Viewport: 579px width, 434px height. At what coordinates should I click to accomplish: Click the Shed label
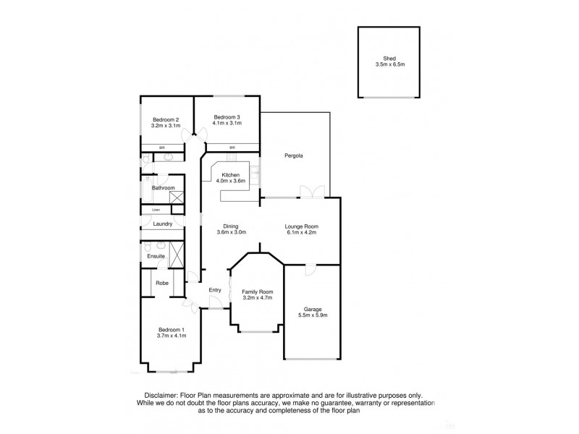(389, 58)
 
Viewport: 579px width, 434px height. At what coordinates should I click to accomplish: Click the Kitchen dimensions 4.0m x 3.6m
(230, 182)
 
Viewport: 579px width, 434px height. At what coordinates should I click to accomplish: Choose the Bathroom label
(163, 188)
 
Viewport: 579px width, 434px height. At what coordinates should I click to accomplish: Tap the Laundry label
(162, 224)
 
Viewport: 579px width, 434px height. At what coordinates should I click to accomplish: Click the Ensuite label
(156, 256)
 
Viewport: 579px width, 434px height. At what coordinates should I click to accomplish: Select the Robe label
(162, 283)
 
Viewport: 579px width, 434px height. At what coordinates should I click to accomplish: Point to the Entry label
(214, 290)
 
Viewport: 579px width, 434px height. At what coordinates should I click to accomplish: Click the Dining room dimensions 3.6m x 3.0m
(232, 232)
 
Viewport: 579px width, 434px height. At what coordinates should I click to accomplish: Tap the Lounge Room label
(302, 226)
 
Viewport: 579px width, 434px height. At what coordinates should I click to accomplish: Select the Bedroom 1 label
(172, 329)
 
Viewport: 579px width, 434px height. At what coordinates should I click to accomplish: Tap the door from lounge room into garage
(310, 271)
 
